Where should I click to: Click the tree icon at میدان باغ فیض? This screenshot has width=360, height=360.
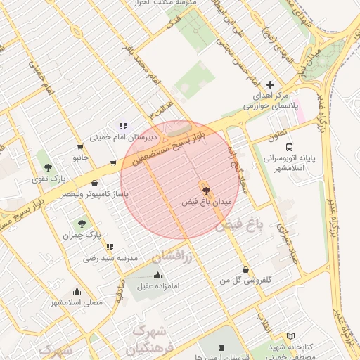(x=205, y=190)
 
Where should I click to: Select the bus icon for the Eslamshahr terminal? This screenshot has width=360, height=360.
(x=289, y=146)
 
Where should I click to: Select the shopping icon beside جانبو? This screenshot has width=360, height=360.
(x=80, y=147)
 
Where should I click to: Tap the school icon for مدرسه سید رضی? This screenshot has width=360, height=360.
(x=110, y=247)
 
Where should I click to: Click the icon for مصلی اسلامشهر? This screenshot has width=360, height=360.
(x=77, y=291)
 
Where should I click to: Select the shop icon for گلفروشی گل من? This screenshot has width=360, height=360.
(x=245, y=269)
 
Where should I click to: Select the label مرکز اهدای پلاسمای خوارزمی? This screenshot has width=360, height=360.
(x=271, y=99)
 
